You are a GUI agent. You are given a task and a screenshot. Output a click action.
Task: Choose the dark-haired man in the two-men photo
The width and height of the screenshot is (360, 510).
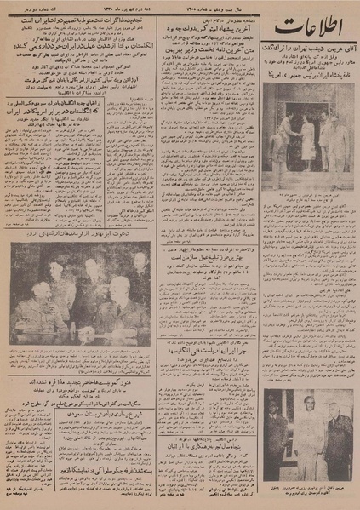pos(282,434)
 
